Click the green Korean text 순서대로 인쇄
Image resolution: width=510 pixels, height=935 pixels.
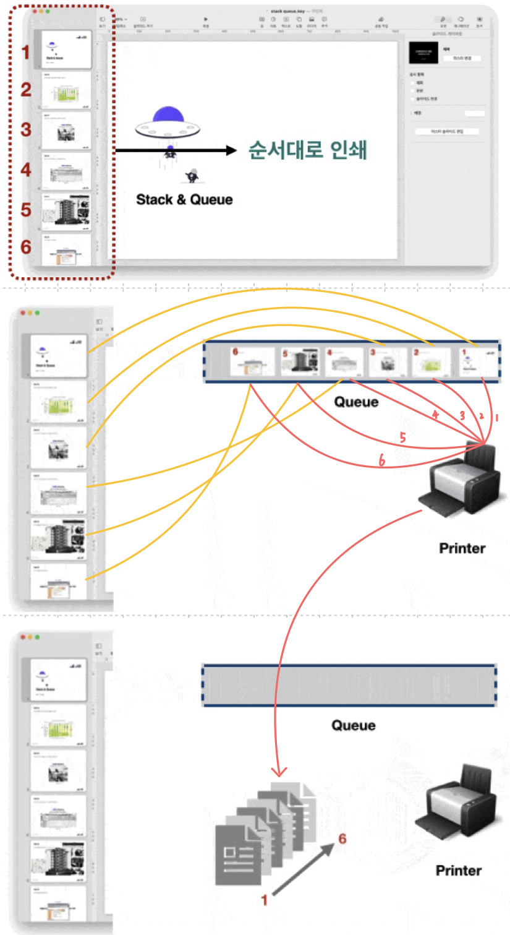tap(307, 150)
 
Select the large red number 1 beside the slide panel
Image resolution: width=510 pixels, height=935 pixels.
tap(25, 52)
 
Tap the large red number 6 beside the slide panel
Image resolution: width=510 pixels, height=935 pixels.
tap(25, 247)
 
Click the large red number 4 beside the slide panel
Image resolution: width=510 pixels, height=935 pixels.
tap(25, 169)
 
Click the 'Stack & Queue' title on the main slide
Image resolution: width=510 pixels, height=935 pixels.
tap(184, 199)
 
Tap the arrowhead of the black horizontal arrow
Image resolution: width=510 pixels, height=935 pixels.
tap(231, 150)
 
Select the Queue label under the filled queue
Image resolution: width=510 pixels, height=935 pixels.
tap(356, 402)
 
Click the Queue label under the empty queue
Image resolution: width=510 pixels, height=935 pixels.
tap(353, 725)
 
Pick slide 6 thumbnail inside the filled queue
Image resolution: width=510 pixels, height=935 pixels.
tap(252, 362)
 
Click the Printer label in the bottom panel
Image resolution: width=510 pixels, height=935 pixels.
tap(458, 871)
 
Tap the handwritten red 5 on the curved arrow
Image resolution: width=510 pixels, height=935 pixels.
tap(402, 438)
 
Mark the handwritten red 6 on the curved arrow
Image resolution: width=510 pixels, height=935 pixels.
tap(382, 460)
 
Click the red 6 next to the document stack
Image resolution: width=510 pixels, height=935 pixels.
tap(342, 839)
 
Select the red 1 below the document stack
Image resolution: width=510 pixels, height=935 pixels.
tap(265, 900)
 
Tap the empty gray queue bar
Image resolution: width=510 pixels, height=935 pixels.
tap(349, 685)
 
